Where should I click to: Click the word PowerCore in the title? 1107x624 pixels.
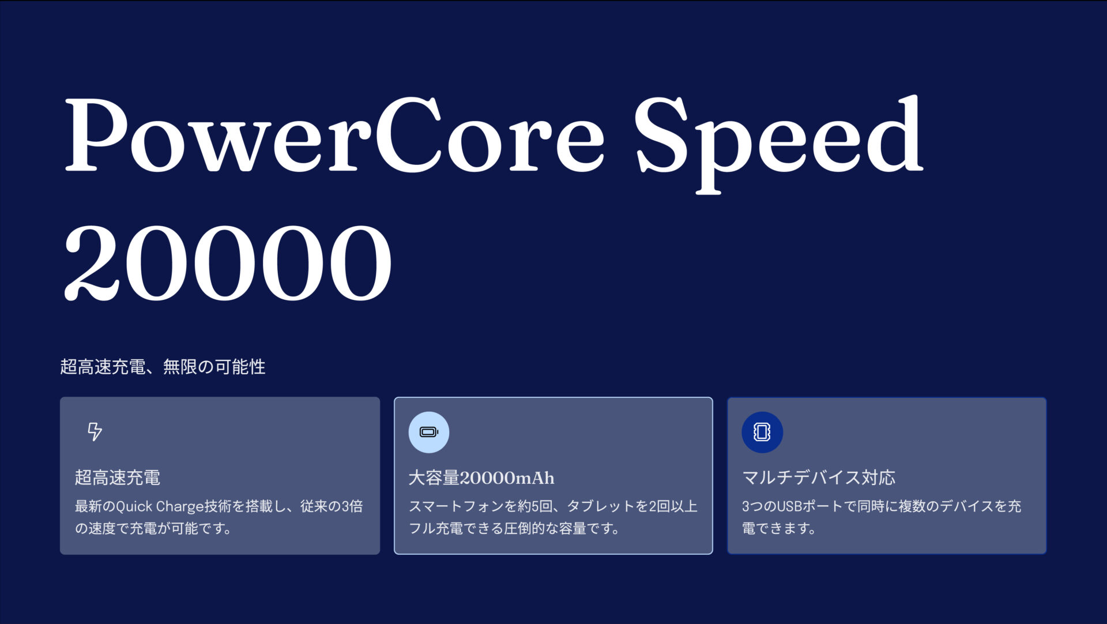click(x=334, y=136)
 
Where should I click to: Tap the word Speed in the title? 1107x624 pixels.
click(x=778, y=138)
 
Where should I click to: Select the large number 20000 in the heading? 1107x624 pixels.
click(x=228, y=262)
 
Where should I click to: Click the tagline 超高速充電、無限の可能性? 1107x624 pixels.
click(x=163, y=367)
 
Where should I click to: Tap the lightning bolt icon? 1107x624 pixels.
click(x=95, y=431)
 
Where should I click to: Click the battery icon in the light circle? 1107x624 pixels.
click(x=428, y=432)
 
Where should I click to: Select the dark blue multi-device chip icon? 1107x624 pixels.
click(x=762, y=432)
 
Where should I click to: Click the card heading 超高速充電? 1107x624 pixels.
click(x=118, y=478)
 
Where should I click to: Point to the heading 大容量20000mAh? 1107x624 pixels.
click(x=481, y=478)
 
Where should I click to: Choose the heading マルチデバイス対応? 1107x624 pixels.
click(x=818, y=478)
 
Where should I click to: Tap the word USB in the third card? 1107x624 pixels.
click(x=790, y=506)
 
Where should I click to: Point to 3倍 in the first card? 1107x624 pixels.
click(x=352, y=506)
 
